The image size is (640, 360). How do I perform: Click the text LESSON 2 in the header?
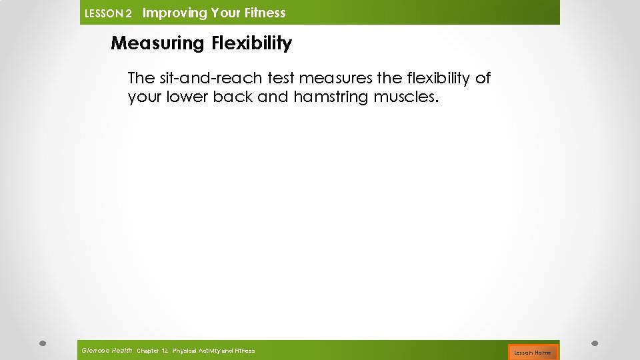point(108,13)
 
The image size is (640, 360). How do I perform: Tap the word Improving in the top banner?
point(175,13)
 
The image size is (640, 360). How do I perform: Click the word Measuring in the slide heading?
point(157,44)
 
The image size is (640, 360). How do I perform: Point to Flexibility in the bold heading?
point(251,44)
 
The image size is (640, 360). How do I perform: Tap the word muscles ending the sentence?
point(407,97)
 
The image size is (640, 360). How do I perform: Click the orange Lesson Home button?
point(533,352)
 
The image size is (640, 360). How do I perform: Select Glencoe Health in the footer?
point(107,351)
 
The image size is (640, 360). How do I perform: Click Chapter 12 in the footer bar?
point(152,351)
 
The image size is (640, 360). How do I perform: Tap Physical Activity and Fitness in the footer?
point(213,351)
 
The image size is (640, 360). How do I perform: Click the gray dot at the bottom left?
point(42,343)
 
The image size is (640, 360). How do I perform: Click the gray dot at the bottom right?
point(595,343)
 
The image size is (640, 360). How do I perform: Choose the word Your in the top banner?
point(227,13)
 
